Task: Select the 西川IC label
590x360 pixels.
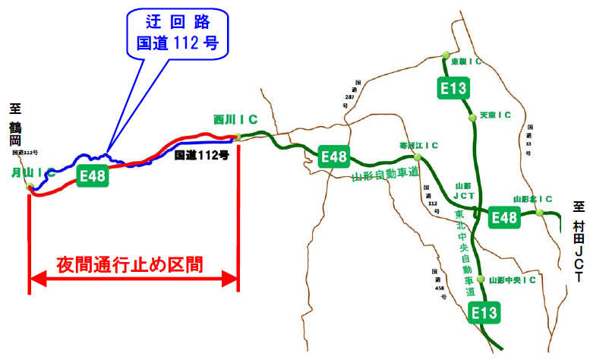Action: point(235,119)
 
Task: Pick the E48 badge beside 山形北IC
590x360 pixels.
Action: point(503,218)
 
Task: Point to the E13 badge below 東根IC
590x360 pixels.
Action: point(453,88)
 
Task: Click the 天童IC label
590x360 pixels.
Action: point(495,115)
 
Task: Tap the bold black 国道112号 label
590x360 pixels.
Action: point(201,155)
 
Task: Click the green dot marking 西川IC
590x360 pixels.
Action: point(238,137)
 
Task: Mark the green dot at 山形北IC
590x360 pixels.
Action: point(539,213)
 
